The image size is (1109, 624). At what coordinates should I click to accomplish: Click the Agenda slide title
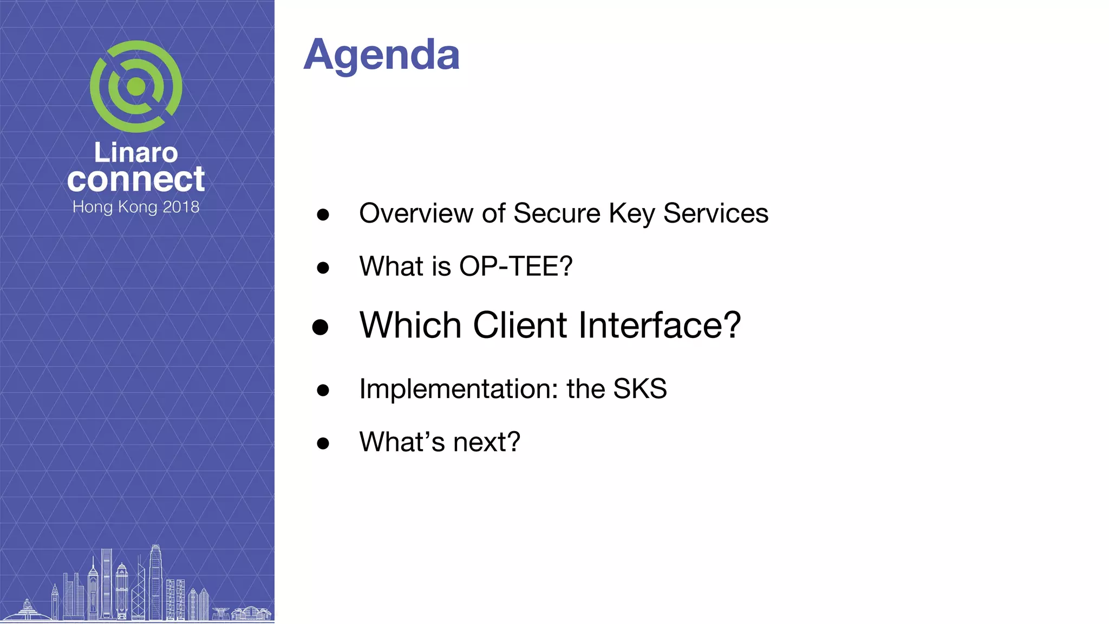(381, 55)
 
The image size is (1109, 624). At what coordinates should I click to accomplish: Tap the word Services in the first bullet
(715, 213)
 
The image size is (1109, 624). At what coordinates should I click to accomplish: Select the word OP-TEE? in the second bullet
(516, 266)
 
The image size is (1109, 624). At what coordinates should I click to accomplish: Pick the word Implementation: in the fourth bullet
(459, 389)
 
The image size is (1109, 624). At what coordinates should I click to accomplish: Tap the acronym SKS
(640, 389)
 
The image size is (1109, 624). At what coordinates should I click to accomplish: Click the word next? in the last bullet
(486, 442)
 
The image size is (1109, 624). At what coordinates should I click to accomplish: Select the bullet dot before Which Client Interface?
(321, 327)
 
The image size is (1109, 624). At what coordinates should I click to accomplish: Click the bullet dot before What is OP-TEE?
(323, 268)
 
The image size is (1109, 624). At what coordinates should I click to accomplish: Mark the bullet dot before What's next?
(323, 444)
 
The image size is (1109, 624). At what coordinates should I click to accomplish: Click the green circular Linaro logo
(136, 87)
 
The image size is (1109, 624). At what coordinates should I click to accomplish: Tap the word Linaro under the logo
(136, 153)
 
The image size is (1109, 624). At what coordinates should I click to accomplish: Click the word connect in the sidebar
(136, 179)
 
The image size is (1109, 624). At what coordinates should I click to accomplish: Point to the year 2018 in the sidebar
(181, 207)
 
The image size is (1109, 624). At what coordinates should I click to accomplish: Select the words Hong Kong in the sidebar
(115, 207)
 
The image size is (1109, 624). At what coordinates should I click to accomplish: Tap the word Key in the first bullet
(632, 213)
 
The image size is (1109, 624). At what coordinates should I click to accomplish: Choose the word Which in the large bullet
(410, 325)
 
